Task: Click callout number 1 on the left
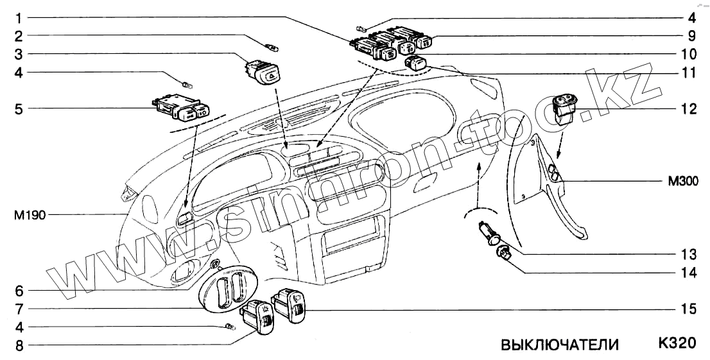pyautogui.click(x=20, y=16)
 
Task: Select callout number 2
pyautogui.click(x=20, y=35)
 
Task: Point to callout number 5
pyautogui.click(x=20, y=109)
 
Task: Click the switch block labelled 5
pyautogui.click(x=181, y=108)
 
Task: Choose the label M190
pyautogui.click(x=29, y=215)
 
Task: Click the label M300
pyautogui.click(x=684, y=182)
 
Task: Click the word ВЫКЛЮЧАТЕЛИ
pyautogui.click(x=559, y=345)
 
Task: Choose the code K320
pyautogui.click(x=676, y=343)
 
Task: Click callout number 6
pyautogui.click(x=20, y=289)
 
